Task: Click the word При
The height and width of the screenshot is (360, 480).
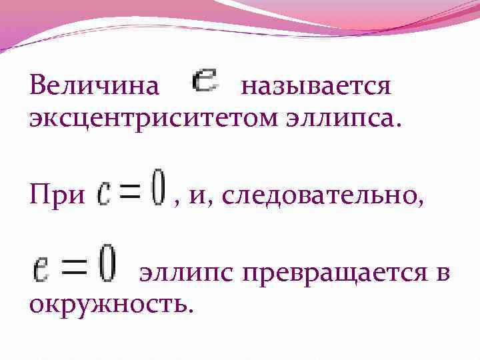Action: (x=57, y=195)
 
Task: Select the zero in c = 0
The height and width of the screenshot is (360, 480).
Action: (x=157, y=189)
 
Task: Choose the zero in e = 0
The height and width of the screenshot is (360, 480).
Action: (x=107, y=266)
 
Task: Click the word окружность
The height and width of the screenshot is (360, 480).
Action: (x=109, y=303)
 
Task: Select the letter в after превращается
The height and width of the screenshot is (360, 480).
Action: (x=442, y=274)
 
